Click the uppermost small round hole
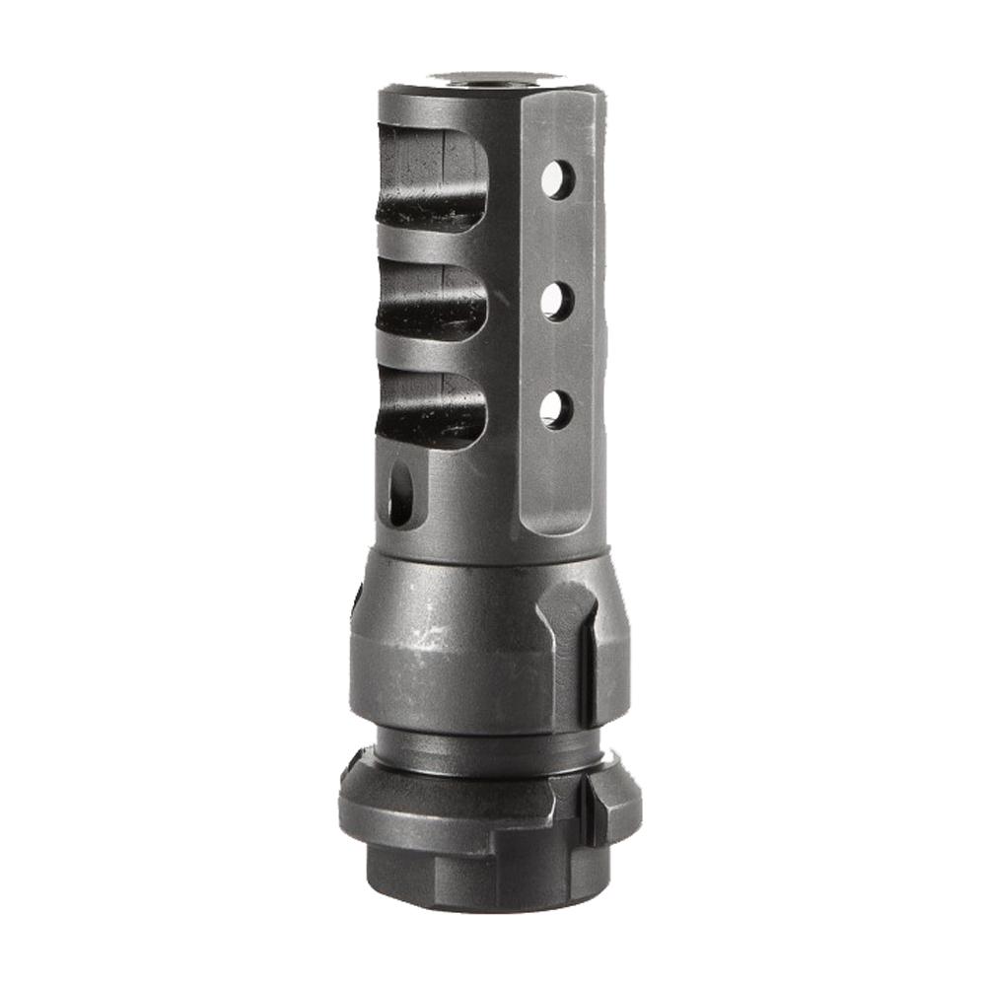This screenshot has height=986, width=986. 557,179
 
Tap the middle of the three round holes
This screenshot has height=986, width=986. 557,301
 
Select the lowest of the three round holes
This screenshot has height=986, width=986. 556,409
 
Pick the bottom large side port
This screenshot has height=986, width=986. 430,408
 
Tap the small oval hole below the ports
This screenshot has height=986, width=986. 401,494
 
